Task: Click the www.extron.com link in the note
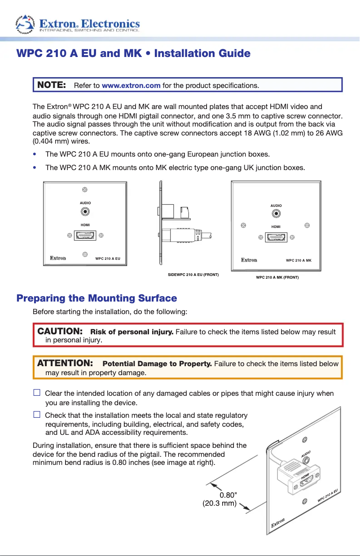click(131, 85)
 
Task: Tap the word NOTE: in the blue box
click(52, 85)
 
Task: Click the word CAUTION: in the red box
click(60, 331)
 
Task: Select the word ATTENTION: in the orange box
click(65, 363)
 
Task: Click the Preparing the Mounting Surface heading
click(97, 298)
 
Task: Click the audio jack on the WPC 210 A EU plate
click(85, 212)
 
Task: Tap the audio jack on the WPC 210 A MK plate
click(276, 214)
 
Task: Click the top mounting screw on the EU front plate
click(85, 191)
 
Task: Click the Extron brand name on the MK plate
click(249, 260)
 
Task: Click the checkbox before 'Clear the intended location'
click(37, 393)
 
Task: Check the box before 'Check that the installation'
click(37, 415)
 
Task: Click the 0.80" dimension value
click(228, 495)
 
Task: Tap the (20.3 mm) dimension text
click(220, 503)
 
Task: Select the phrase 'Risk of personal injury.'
click(132, 332)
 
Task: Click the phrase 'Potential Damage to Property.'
click(157, 363)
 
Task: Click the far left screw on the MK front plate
click(243, 225)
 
